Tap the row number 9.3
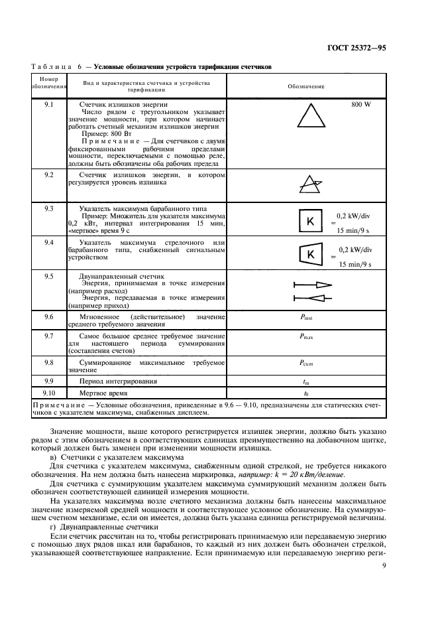pyautogui.click(x=48, y=208)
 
